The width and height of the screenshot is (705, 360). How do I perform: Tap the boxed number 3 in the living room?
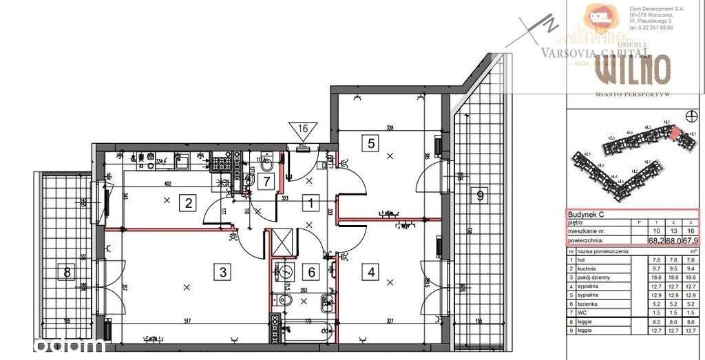[x=222, y=271]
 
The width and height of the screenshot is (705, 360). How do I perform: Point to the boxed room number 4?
[x=372, y=271]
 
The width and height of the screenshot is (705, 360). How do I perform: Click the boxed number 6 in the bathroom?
[x=311, y=272]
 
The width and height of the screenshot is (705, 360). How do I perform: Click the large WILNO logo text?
[x=632, y=70]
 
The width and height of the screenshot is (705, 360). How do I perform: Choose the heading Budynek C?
[x=585, y=213]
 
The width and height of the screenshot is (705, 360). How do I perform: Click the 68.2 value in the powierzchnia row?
[x=654, y=241]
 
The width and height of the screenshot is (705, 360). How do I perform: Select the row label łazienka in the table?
[x=591, y=304]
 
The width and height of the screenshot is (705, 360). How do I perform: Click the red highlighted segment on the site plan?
[x=675, y=133]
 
